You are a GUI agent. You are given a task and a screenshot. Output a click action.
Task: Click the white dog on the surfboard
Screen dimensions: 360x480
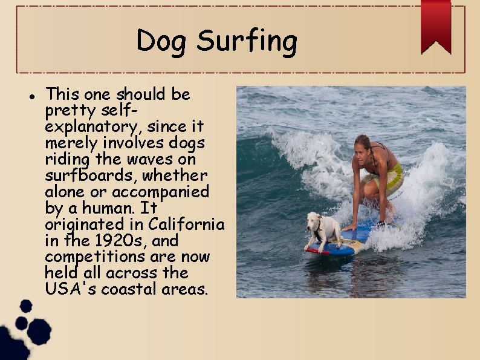coord(324,229)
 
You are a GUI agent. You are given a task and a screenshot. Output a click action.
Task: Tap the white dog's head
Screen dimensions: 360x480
coord(314,219)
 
